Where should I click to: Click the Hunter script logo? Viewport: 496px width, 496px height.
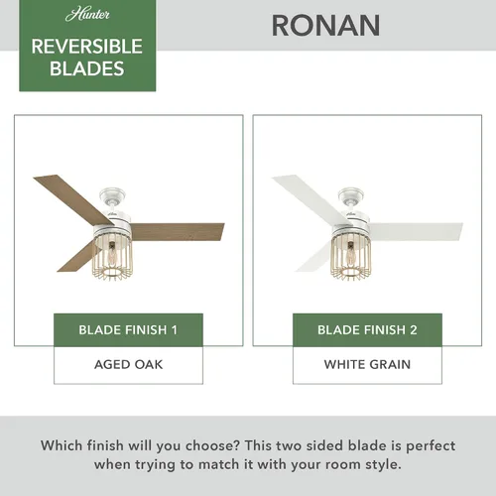pyautogui.click(x=87, y=15)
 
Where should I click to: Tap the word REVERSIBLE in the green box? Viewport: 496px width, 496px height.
pyautogui.click(x=87, y=47)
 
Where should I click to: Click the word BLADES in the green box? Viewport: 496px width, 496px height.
pyautogui.click(x=87, y=68)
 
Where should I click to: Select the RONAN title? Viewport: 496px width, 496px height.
pyautogui.click(x=325, y=26)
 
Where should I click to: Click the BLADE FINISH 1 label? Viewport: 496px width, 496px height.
pyautogui.click(x=128, y=329)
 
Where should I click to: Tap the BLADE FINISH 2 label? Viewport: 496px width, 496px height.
pyautogui.click(x=367, y=329)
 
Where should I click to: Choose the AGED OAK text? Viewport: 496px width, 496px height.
pyautogui.click(x=128, y=364)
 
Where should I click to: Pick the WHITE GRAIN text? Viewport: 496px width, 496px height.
pyautogui.click(x=367, y=364)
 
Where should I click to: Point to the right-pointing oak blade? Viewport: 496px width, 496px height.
pyautogui.click(x=177, y=231)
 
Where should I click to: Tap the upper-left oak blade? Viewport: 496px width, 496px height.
pyautogui.click(x=72, y=195)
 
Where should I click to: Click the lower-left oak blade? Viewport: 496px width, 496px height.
pyautogui.click(x=77, y=256)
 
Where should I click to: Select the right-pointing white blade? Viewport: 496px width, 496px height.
pyautogui.click(x=416, y=231)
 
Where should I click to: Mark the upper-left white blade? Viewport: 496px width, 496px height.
pyautogui.click(x=310, y=195)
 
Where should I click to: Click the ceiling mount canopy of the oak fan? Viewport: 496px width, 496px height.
pyautogui.click(x=112, y=195)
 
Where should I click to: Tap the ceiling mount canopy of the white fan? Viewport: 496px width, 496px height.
pyautogui.click(x=351, y=195)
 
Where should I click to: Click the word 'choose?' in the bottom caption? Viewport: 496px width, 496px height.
pyautogui.click(x=212, y=446)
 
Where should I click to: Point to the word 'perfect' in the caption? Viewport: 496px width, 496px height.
pyautogui.click(x=431, y=446)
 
